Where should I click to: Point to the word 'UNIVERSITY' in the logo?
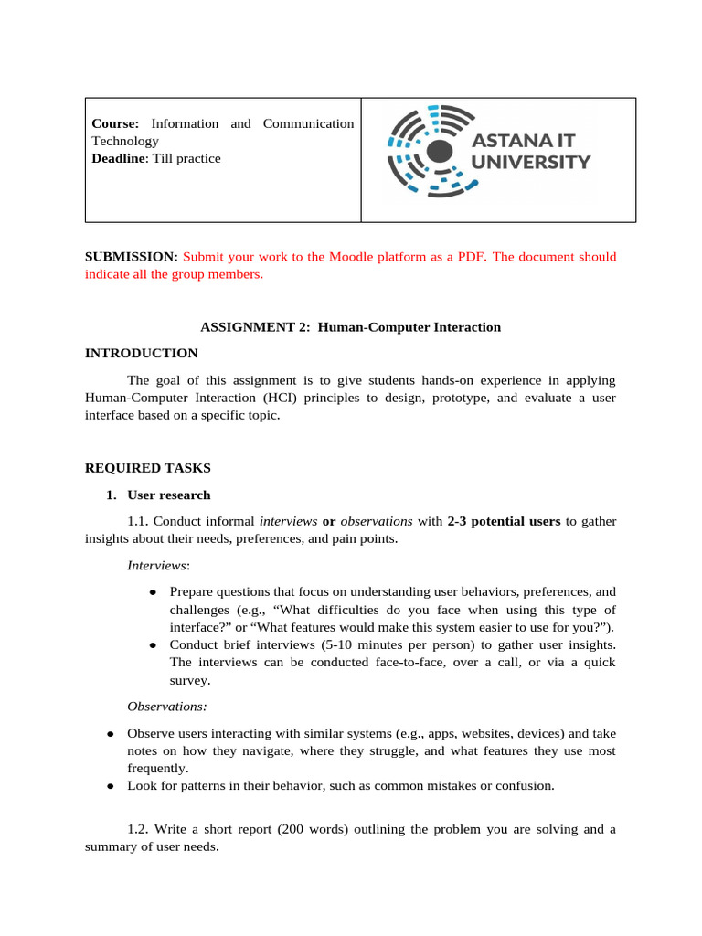[530, 163]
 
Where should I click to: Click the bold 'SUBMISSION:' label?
[131, 257]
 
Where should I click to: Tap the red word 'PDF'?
[470, 257]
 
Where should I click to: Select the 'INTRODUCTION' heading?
[141, 353]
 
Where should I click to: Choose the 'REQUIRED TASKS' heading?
[147, 468]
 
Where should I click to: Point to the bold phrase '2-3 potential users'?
[504, 521]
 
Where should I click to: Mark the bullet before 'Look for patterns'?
[110, 785]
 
